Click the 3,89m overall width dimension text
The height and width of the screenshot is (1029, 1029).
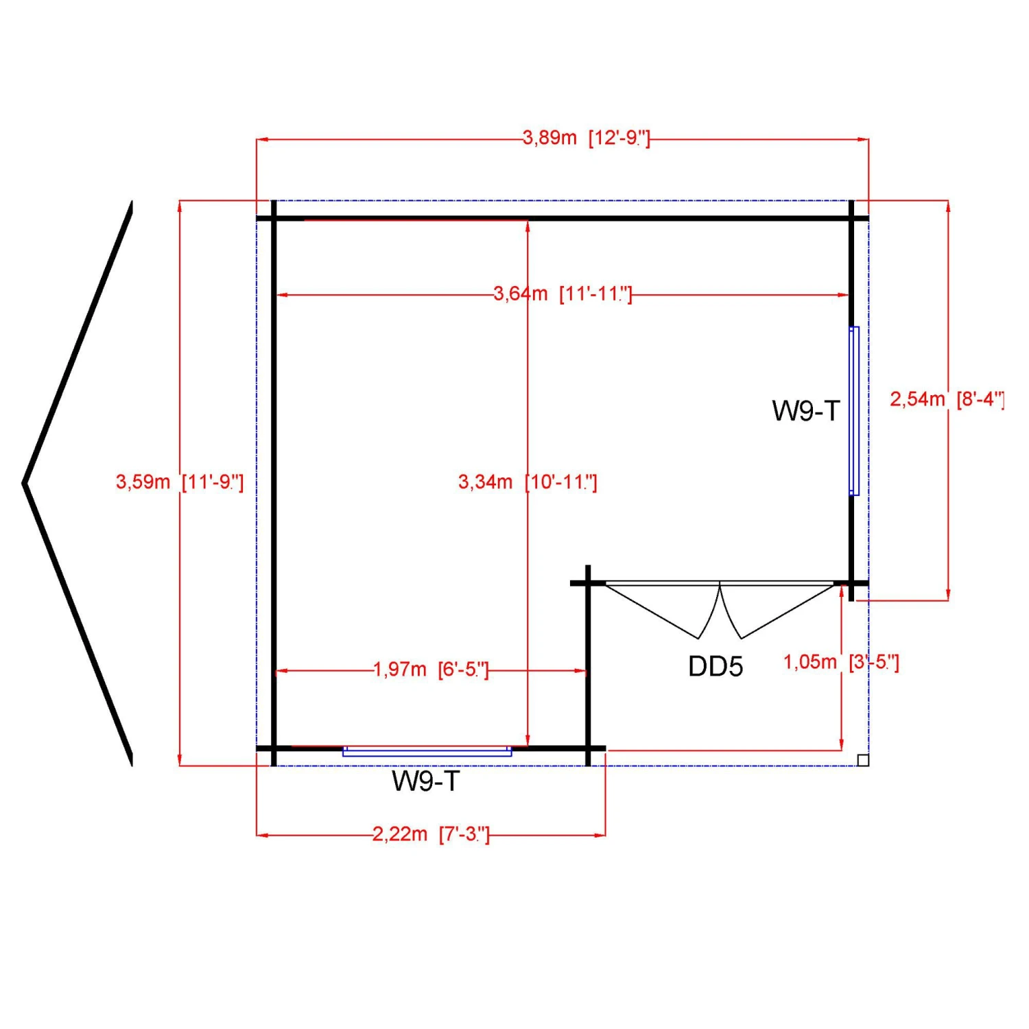(549, 138)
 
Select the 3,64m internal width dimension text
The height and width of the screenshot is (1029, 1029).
(521, 294)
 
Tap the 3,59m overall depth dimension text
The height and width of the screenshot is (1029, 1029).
(143, 482)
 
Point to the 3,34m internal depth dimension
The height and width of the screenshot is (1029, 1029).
(485, 482)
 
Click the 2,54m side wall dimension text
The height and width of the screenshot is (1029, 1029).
(917, 399)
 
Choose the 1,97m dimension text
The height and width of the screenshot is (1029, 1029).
(400, 669)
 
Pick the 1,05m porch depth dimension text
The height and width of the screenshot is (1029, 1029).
(810, 662)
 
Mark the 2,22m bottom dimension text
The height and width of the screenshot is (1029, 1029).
(400, 834)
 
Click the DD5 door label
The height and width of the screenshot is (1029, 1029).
(715, 666)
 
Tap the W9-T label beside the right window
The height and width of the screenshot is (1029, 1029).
(805, 411)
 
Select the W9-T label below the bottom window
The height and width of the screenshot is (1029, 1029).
(425, 781)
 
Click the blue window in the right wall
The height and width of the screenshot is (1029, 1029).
(854, 411)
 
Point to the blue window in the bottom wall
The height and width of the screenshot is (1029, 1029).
(427, 752)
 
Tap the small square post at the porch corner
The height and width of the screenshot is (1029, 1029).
(863, 760)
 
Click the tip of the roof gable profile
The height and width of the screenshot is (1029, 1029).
(25, 483)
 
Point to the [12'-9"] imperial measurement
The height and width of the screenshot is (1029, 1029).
(619, 138)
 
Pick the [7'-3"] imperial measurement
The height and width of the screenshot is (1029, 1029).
(464, 834)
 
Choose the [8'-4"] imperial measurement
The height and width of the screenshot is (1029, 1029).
(980, 399)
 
